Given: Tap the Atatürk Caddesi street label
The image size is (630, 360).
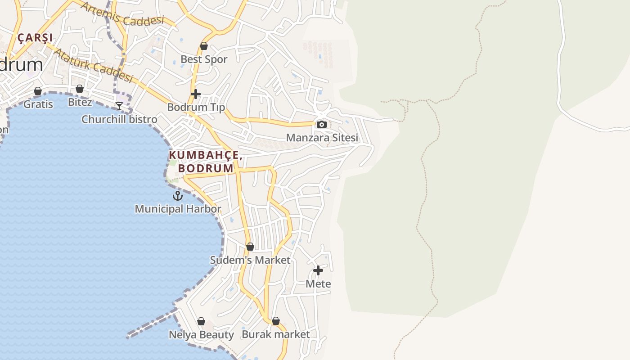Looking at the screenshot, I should point(93,65).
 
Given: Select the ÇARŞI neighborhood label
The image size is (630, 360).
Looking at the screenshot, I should point(35,38).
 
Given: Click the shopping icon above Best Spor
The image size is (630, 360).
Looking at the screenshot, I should point(204,46).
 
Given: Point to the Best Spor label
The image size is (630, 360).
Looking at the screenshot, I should point(204,59).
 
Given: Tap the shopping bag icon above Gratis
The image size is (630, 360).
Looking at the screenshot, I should point(38,91).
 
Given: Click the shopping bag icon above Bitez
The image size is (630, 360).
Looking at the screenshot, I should point(80,89).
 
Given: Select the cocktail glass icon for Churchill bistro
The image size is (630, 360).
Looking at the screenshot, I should point(119,106).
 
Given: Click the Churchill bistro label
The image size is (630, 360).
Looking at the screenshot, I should point(119,119).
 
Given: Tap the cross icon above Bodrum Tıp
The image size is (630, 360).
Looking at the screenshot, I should point(196,94).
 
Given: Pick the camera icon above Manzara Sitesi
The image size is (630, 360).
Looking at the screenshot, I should point(322,125).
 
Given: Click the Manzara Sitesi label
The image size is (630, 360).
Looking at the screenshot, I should point(322,138).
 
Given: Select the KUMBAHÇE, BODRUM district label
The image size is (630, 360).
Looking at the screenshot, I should point(206,162).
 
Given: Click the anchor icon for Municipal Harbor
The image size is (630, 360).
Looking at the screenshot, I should point(178,196).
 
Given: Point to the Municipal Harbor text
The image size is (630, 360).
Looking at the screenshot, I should point(178,209).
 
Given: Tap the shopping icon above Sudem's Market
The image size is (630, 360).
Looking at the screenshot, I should point(250,247).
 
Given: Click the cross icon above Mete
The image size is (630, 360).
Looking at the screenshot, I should point(318,270).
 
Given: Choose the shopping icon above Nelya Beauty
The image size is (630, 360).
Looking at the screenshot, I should point(201,322).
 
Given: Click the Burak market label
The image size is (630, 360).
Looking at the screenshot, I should point(276,334).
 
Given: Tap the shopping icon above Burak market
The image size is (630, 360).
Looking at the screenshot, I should point(276,321).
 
